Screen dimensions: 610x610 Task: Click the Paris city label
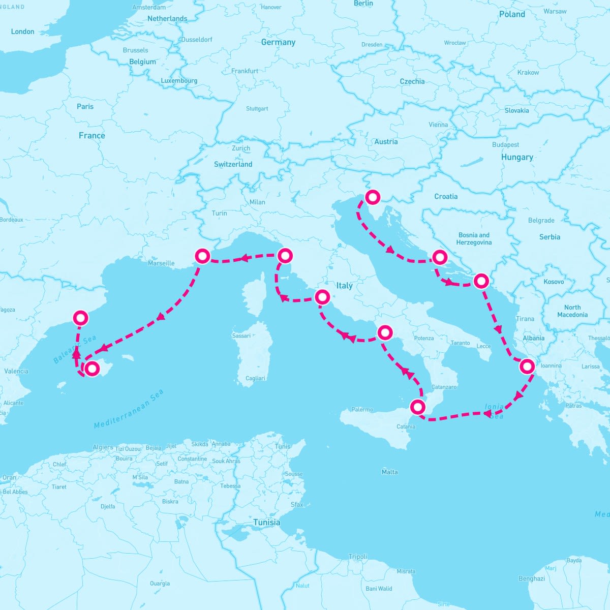click(85, 107)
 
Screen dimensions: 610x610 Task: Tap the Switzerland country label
click(233, 164)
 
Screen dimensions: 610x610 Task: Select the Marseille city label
click(161, 263)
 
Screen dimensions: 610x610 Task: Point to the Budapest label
click(505, 145)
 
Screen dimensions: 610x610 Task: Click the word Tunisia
click(266, 523)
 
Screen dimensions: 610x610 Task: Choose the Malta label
click(389, 472)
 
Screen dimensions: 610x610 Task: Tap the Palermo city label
click(362, 409)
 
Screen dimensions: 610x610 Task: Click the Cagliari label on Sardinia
click(255, 378)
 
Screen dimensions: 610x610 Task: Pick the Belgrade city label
click(541, 221)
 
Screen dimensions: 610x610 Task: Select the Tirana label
click(525, 319)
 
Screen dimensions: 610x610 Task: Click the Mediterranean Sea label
click(129, 409)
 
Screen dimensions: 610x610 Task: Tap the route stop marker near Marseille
click(203, 256)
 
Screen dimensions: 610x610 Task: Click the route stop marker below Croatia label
click(439, 257)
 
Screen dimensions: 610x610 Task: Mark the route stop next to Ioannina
click(527, 365)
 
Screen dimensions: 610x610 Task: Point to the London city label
click(22, 32)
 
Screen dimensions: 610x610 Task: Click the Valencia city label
click(16, 371)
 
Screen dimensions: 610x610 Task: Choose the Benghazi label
click(532, 578)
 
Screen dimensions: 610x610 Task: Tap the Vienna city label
click(438, 125)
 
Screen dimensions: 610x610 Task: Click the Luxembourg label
click(179, 81)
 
